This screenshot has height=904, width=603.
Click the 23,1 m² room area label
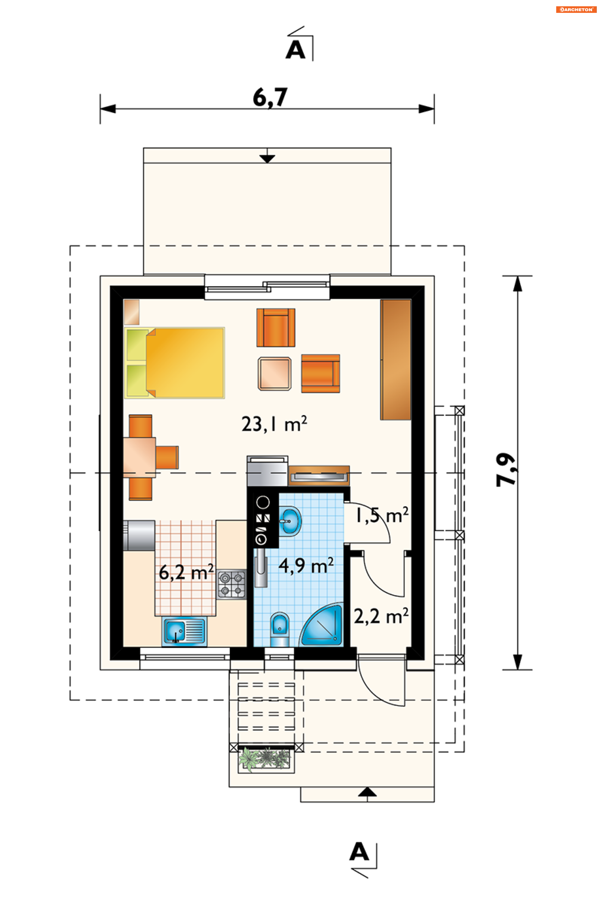(274, 424)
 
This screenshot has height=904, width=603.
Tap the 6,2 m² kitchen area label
(186, 572)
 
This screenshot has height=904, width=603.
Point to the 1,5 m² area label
(382, 516)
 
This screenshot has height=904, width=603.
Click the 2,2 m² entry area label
(381, 616)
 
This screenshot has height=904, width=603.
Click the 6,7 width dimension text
(270, 98)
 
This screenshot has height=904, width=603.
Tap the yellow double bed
(175, 363)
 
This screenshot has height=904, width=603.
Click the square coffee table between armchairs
(274, 374)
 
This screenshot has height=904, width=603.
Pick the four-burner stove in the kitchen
(231, 584)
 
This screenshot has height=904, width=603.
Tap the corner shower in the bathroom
(322, 625)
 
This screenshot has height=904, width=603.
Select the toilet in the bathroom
(280, 629)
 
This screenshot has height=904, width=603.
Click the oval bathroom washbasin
(290, 521)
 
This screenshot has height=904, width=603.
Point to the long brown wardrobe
(396, 360)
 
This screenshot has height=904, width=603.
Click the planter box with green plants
(266, 760)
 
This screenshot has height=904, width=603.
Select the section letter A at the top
(295, 50)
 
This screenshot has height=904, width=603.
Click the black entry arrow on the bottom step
(367, 791)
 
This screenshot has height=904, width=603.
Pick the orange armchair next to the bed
(276, 327)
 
